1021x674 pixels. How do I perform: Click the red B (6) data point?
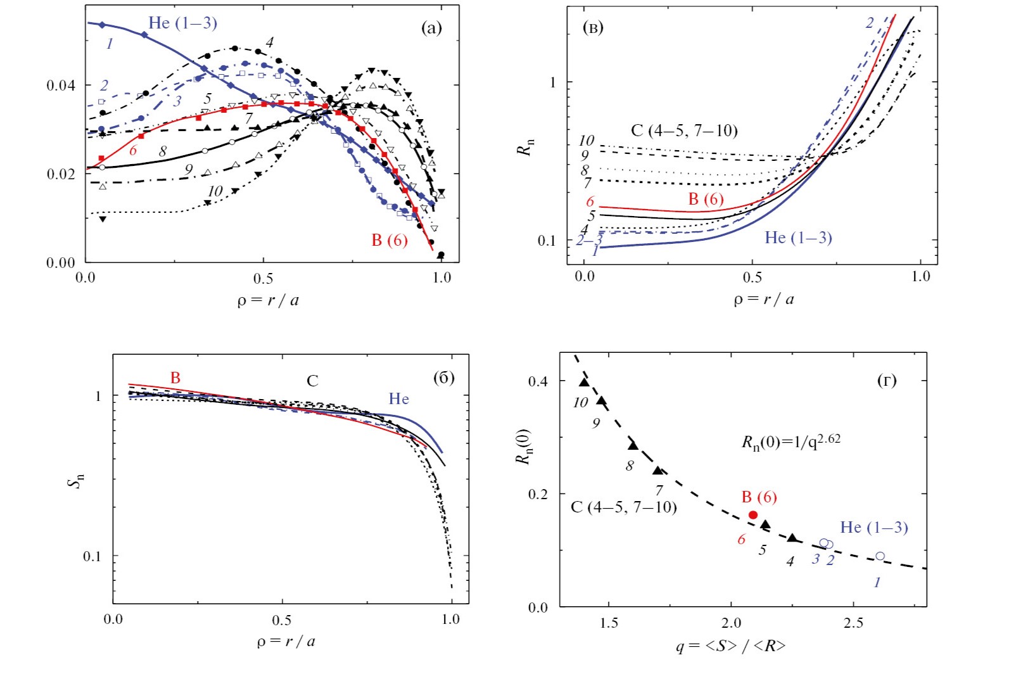[753, 515]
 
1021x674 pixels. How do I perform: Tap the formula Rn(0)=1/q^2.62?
[790, 441]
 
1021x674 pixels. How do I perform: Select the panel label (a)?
[431, 27]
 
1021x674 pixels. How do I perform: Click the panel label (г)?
[886, 380]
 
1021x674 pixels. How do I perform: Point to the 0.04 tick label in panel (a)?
[61, 86]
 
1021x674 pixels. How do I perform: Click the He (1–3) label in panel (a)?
[182, 23]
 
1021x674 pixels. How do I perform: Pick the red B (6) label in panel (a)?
[389, 240]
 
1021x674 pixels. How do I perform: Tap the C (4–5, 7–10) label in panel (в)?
[684, 130]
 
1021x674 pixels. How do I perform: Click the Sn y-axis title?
[76, 481]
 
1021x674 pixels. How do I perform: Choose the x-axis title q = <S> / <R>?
[730, 646]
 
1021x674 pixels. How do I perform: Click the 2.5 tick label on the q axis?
[853, 623]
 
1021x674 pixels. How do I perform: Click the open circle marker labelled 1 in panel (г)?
[880, 556]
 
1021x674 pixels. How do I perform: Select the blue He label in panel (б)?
[398, 399]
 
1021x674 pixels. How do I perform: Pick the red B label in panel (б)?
[175, 378]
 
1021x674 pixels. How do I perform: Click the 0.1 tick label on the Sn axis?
[92, 556]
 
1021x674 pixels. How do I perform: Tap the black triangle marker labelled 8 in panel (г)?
[633, 445]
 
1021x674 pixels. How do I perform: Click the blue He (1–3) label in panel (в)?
[798, 238]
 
